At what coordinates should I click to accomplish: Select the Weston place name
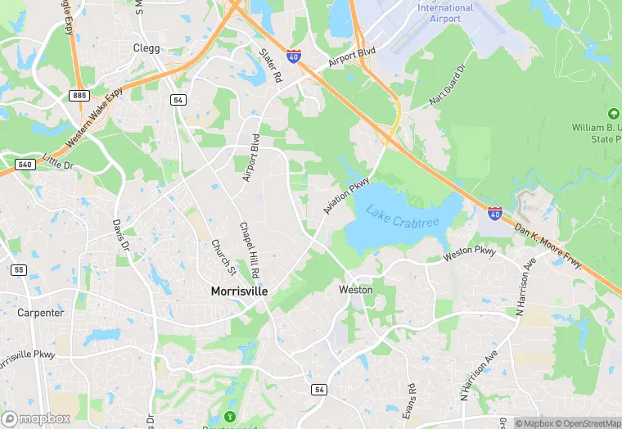pyautogui.click(x=355, y=290)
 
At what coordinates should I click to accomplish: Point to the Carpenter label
pyautogui.click(x=40, y=313)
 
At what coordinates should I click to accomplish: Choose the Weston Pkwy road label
pyautogui.click(x=470, y=254)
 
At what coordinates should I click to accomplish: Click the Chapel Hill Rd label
pyautogui.click(x=250, y=249)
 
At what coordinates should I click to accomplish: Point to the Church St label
pyautogui.click(x=223, y=257)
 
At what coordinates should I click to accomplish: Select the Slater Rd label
pyautogui.click(x=270, y=65)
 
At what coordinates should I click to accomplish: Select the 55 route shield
pyautogui.click(x=18, y=269)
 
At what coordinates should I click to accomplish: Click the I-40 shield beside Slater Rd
pyautogui.click(x=294, y=57)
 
